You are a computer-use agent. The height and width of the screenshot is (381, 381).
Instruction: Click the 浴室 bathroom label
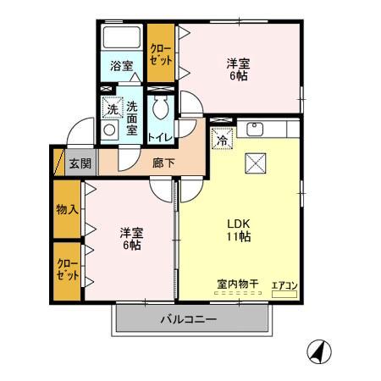[121, 65]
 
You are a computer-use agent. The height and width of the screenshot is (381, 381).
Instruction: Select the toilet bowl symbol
[161, 107]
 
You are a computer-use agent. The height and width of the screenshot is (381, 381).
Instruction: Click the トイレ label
[161, 135]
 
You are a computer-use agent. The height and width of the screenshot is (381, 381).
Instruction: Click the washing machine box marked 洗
[111, 108]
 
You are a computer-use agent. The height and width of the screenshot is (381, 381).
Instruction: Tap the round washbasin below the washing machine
[109, 130]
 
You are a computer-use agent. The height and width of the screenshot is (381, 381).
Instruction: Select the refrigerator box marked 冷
[220, 141]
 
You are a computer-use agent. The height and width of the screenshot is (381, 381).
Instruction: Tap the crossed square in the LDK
[256, 163]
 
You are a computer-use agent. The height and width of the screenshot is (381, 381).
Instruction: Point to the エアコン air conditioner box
[284, 286]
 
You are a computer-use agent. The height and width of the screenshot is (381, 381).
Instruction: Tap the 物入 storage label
[67, 209]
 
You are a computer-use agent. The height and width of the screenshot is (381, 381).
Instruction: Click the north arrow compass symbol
[320, 350]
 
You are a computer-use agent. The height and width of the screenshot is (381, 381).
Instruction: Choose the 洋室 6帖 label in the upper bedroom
[239, 69]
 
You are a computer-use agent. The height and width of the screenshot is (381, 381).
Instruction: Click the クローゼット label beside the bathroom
[160, 56]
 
